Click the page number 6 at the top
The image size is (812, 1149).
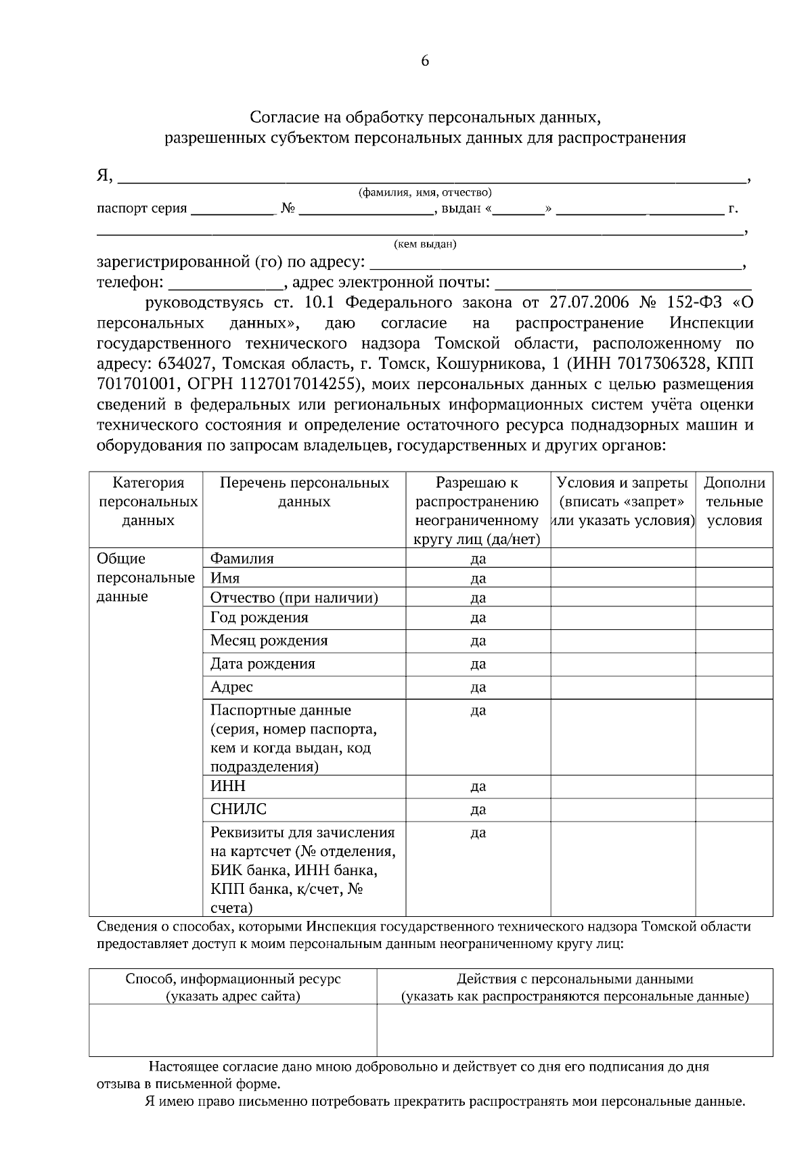pyautogui.click(x=425, y=61)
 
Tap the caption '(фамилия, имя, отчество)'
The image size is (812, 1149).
pyautogui.click(x=424, y=192)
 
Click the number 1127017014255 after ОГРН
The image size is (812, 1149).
pyautogui.click(x=295, y=384)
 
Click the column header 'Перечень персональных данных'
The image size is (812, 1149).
pyautogui.click(x=304, y=492)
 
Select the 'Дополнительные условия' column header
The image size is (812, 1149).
pyautogui.click(x=734, y=501)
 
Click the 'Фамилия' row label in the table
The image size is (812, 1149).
pyautogui.click(x=242, y=558)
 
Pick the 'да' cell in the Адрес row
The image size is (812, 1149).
pyautogui.click(x=478, y=688)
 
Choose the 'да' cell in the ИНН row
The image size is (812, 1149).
pyautogui.click(x=478, y=786)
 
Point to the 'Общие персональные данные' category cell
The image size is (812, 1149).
pyautogui.click(x=145, y=578)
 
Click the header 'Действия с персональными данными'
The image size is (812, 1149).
pyautogui.click(x=574, y=978)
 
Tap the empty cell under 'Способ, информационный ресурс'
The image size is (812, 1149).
pyautogui.click(x=233, y=1029)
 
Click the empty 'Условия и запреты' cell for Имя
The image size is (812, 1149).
pyautogui.click(x=623, y=578)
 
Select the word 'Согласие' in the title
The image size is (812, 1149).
pyautogui.click(x=279, y=118)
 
